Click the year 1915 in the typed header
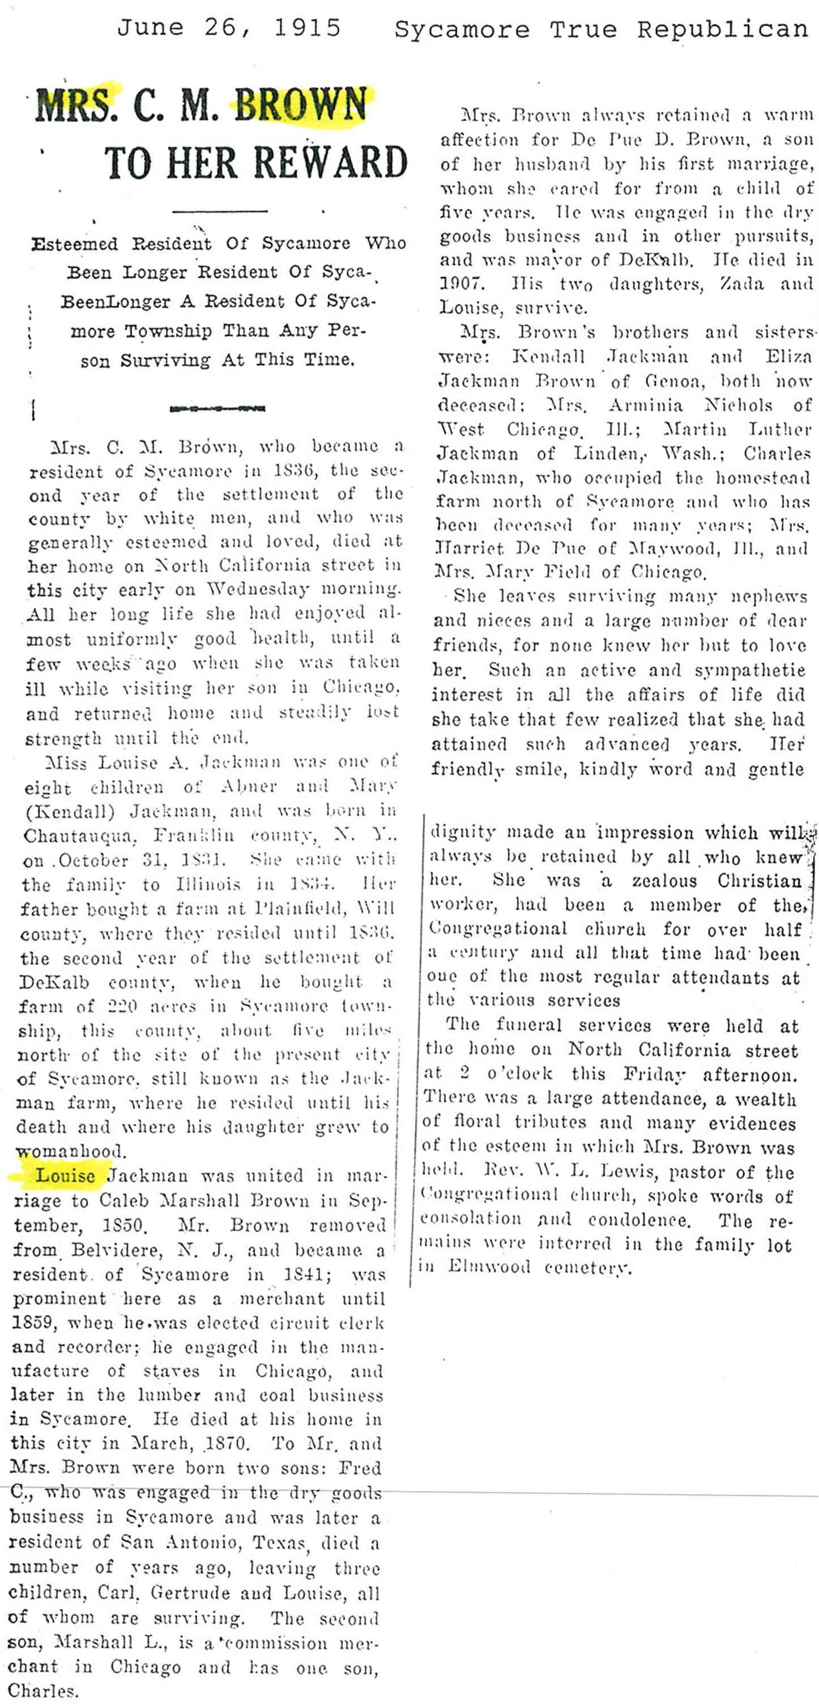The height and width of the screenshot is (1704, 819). point(307,28)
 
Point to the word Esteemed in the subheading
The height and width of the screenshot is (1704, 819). point(74,244)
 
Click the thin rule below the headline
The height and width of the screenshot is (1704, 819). point(220,211)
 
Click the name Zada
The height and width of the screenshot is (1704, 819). point(733,284)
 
